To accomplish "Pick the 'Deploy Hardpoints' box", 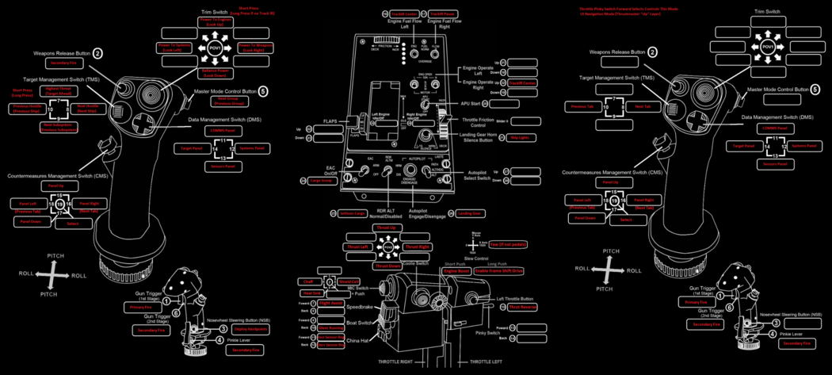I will click(x=252, y=328).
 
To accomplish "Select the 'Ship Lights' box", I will click(x=519, y=137).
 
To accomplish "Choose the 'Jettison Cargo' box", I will click(x=353, y=213).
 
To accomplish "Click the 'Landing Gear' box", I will click(x=471, y=213).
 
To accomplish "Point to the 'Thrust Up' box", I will click(x=388, y=228).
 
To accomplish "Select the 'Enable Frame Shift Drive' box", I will click(x=498, y=270).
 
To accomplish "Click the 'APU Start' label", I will click(x=471, y=103).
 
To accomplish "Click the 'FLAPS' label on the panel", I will click(x=331, y=121).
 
